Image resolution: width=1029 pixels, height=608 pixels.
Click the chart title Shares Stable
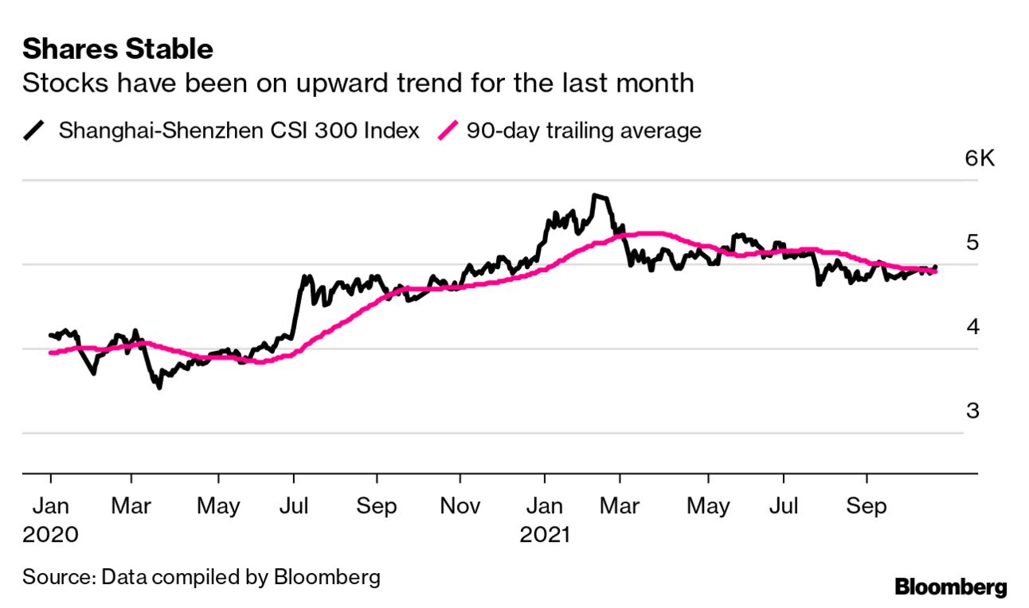pyautogui.click(x=118, y=49)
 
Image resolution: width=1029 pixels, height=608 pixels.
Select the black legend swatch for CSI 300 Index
pyautogui.click(x=35, y=131)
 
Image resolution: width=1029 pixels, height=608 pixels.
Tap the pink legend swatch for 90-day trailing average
pyautogui.click(x=451, y=131)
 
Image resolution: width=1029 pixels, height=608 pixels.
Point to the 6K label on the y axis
pyautogui.click(x=980, y=158)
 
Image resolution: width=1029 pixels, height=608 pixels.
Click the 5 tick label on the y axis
pyautogui.click(x=972, y=243)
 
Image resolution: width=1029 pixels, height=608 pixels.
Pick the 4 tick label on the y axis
pyautogui.click(x=972, y=327)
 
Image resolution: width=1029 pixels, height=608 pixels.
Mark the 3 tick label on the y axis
pyautogui.click(x=972, y=411)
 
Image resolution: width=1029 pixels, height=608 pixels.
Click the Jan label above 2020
pyautogui.click(x=51, y=506)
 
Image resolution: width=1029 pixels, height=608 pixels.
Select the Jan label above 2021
pyautogui.click(x=545, y=506)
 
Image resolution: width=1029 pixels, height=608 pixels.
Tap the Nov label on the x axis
pyautogui.click(x=460, y=506)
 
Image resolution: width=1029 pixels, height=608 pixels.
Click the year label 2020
pyautogui.click(x=51, y=533)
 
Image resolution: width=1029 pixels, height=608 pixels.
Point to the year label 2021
pyautogui.click(x=546, y=533)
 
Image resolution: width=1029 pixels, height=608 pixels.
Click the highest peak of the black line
pyautogui.click(x=597, y=195)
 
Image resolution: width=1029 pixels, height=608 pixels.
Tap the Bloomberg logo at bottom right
pyautogui.click(x=951, y=588)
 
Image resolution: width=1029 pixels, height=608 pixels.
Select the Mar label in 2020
pyautogui.click(x=131, y=506)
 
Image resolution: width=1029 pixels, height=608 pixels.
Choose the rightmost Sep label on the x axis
pyautogui.click(x=867, y=506)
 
